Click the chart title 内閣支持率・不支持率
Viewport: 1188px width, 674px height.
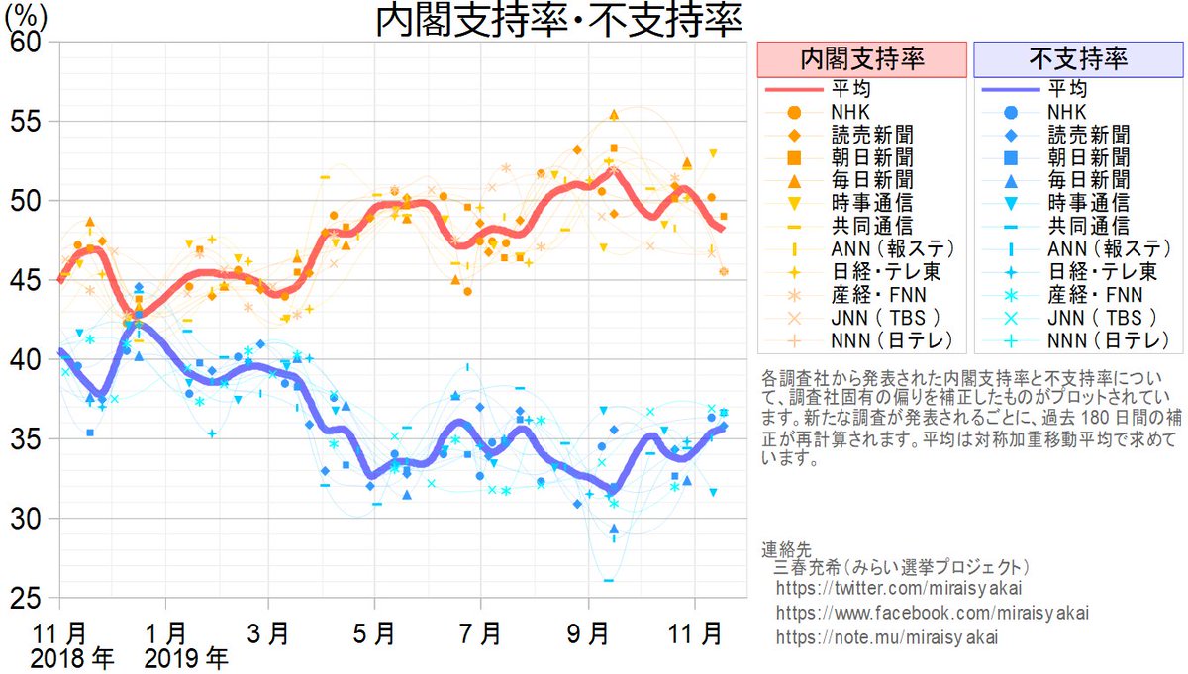pyautogui.click(x=558, y=22)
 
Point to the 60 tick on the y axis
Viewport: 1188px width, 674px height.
pyautogui.click(x=28, y=44)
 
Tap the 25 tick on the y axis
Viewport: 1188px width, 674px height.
pyautogui.click(x=28, y=599)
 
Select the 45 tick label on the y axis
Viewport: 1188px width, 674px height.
pyautogui.click(x=28, y=281)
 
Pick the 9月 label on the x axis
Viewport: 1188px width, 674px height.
pyautogui.click(x=594, y=629)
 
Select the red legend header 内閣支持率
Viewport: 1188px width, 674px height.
pyautogui.click(x=861, y=58)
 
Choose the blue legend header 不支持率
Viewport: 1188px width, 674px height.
pyautogui.click(x=1078, y=58)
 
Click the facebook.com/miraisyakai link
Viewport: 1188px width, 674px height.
pyautogui.click(x=932, y=613)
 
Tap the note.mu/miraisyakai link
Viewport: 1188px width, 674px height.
pyautogui.click(x=887, y=635)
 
